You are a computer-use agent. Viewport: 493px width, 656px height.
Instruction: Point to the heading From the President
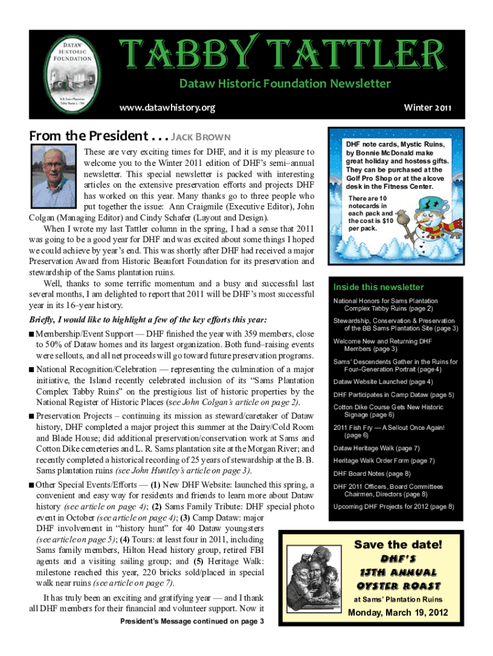click(x=88, y=136)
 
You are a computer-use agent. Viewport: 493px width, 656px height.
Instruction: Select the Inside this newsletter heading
click(x=378, y=287)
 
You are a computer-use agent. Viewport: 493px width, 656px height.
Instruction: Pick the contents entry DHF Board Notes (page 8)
click(x=372, y=473)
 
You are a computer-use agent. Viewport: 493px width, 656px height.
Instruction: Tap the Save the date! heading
click(x=398, y=545)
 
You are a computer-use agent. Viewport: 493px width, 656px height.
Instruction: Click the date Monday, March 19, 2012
click(x=398, y=613)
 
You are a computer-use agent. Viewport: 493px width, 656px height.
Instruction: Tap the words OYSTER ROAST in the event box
click(x=398, y=586)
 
